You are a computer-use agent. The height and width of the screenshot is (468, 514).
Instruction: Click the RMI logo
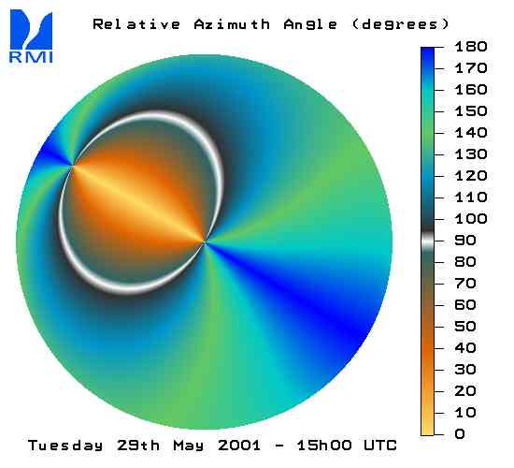(31, 37)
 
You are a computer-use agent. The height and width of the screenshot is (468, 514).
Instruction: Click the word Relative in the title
(136, 24)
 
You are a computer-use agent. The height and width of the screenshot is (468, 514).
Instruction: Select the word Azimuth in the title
(232, 24)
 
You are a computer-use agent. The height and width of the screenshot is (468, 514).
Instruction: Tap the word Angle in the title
(310, 25)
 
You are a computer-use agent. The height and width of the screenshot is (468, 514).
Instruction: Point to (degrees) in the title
(400, 25)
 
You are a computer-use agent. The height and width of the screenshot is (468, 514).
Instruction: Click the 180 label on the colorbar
(471, 47)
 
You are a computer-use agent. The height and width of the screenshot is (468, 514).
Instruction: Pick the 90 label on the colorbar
(465, 241)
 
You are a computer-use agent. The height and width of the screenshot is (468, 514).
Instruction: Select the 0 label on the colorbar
(460, 434)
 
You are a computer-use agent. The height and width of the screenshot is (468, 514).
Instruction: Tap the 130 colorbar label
(471, 154)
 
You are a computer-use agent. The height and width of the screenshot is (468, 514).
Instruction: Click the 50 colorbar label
(465, 327)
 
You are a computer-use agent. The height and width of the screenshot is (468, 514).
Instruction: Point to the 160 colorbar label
(471, 90)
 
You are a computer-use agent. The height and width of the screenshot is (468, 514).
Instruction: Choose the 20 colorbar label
(465, 391)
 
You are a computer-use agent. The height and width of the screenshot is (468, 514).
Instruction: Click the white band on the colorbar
(427, 241)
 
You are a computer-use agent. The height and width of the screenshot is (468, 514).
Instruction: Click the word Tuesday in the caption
(65, 446)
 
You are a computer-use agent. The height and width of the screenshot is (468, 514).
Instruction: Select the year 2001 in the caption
(239, 446)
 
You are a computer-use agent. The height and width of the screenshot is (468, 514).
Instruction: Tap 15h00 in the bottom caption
(324, 446)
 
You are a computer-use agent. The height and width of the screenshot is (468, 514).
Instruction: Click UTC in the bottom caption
(380, 446)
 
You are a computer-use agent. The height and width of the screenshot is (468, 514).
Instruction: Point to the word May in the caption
(189, 446)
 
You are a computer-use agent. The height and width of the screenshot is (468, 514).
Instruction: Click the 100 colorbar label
(471, 219)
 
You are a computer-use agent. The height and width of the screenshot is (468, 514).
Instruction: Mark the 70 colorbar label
(465, 284)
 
